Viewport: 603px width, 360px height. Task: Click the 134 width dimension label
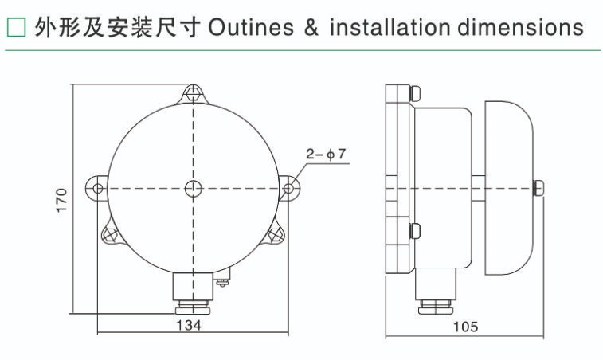tap(189, 326)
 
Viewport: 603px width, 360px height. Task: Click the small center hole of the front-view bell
tap(192, 188)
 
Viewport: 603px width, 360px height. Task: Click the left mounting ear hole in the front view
tap(97, 189)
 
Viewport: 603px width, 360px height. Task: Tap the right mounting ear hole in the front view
tap(287, 189)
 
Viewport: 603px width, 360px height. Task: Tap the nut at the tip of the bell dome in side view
tap(538, 188)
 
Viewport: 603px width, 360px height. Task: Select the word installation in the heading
tap(390, 28)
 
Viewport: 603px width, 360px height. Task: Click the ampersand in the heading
tap(311, 28)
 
